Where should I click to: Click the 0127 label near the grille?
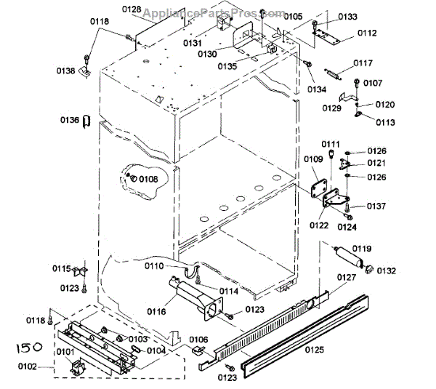pos(347,277)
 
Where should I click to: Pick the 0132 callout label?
pos(386,271)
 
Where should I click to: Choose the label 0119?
pos(362,248)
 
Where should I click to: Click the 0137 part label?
pos(376,206)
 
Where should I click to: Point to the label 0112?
pos(367,33)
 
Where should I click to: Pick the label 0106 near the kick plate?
pos(198,339)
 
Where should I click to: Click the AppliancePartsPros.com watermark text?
pos(203,12)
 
